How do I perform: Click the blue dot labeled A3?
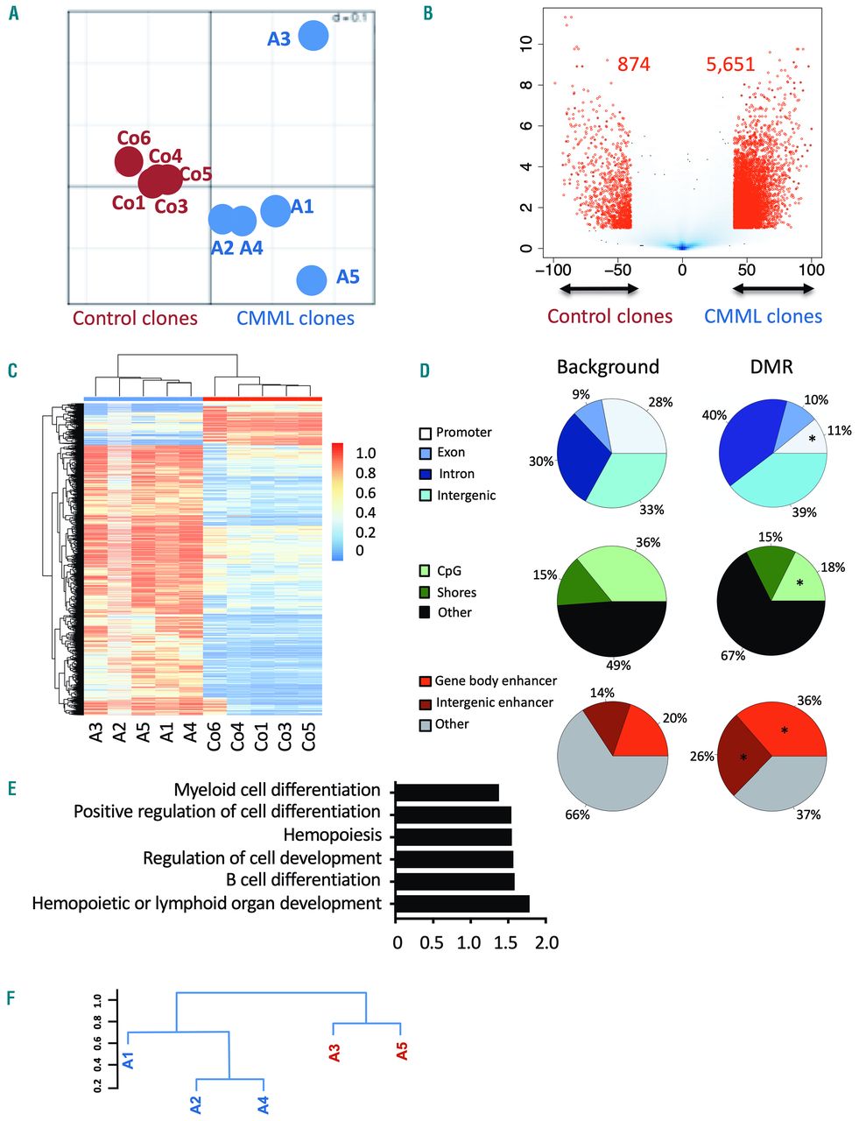pos(313,37)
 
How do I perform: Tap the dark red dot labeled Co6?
pos(129,161)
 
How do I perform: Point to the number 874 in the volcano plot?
pos(634,64)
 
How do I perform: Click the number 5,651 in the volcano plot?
pos(731,64)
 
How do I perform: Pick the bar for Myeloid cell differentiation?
pos(447,793)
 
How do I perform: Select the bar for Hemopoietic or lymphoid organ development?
pos(462,904)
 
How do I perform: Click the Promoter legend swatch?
pos(425,433)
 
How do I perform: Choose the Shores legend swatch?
pos(425,592)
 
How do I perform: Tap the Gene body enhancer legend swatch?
pos(425,681)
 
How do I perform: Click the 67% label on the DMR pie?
pos(733,655)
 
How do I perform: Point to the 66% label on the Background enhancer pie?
pos(577,814)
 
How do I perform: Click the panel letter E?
pos(11,789)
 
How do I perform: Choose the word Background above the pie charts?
pos(608,366)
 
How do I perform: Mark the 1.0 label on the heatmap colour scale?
pos(365,454)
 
